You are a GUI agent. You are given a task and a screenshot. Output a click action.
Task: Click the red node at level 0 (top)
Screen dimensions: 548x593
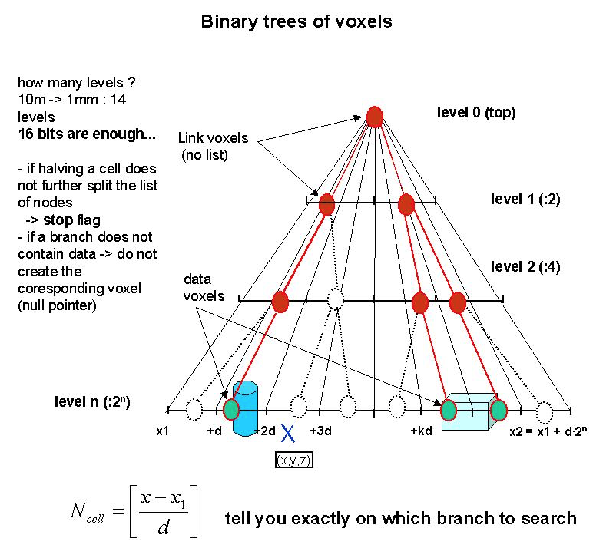pyautogui.click(x=374, y=117)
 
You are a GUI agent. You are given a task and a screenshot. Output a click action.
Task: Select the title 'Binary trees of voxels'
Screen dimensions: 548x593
pyautogui.click(x=296, y=21)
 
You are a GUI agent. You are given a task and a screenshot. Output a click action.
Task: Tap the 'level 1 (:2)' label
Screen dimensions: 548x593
pyautogui.click(x=525, y=200)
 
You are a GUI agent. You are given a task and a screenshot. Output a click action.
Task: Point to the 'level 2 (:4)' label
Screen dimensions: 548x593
pyautogui.click(x=525, y=268)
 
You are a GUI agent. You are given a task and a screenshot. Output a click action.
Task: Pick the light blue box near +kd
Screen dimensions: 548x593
pyautogui.click(x=469, y=411)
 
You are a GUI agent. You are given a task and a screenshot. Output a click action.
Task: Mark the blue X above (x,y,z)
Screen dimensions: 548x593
pyautogui.click(x=288, y=434)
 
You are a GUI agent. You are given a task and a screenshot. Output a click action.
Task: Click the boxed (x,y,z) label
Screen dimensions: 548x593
pyautogui.click(x=293, y=460)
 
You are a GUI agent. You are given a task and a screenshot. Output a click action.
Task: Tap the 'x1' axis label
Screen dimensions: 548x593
pyautogui.click(x=162, y=431)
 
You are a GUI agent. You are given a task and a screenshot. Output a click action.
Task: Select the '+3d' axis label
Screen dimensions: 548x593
pyautogui.click(x=320, y=431)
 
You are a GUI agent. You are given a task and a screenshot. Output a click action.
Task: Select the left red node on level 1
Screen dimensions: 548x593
pyautogui.click(x=326, y=204)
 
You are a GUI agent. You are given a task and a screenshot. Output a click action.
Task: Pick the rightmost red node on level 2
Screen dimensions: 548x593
pyautogui.click(x=458, y=302)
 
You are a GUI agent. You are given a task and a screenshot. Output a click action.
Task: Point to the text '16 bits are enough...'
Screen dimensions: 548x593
pyautogui.click(x=87, y=134)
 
